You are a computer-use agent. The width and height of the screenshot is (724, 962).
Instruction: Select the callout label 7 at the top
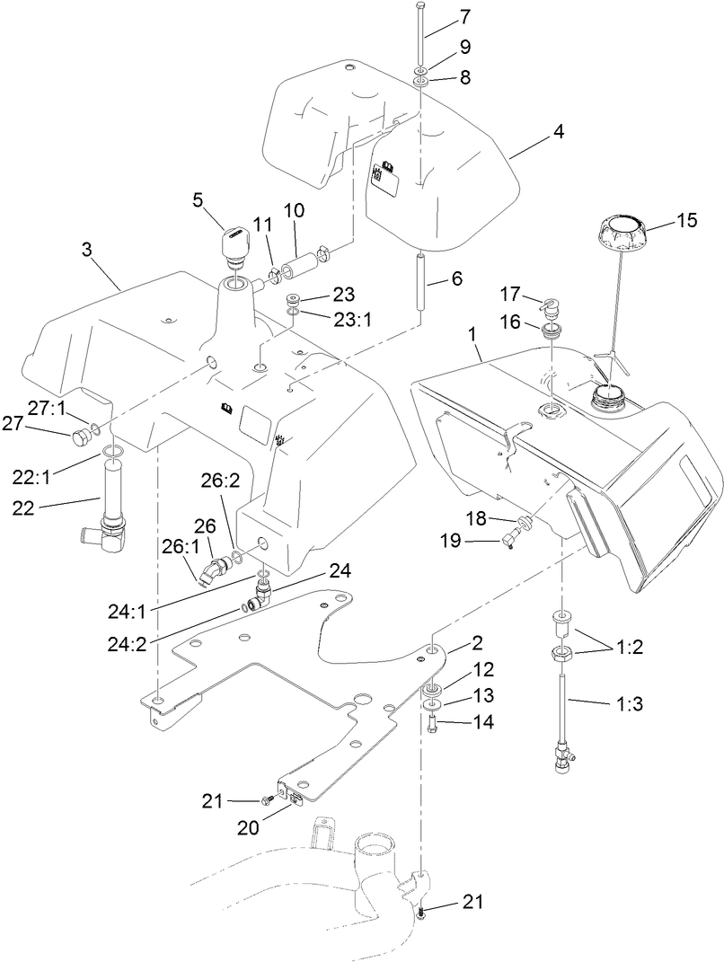tap(464, 16)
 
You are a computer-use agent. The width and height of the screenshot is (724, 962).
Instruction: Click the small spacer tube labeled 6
tap(419, 283)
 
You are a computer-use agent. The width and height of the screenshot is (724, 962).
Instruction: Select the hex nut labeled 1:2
tap(561, 651)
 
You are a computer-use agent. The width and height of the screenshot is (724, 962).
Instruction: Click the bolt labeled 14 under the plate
tap(431, 722)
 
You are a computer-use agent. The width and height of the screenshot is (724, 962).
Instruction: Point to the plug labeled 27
tap(78, 438)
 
